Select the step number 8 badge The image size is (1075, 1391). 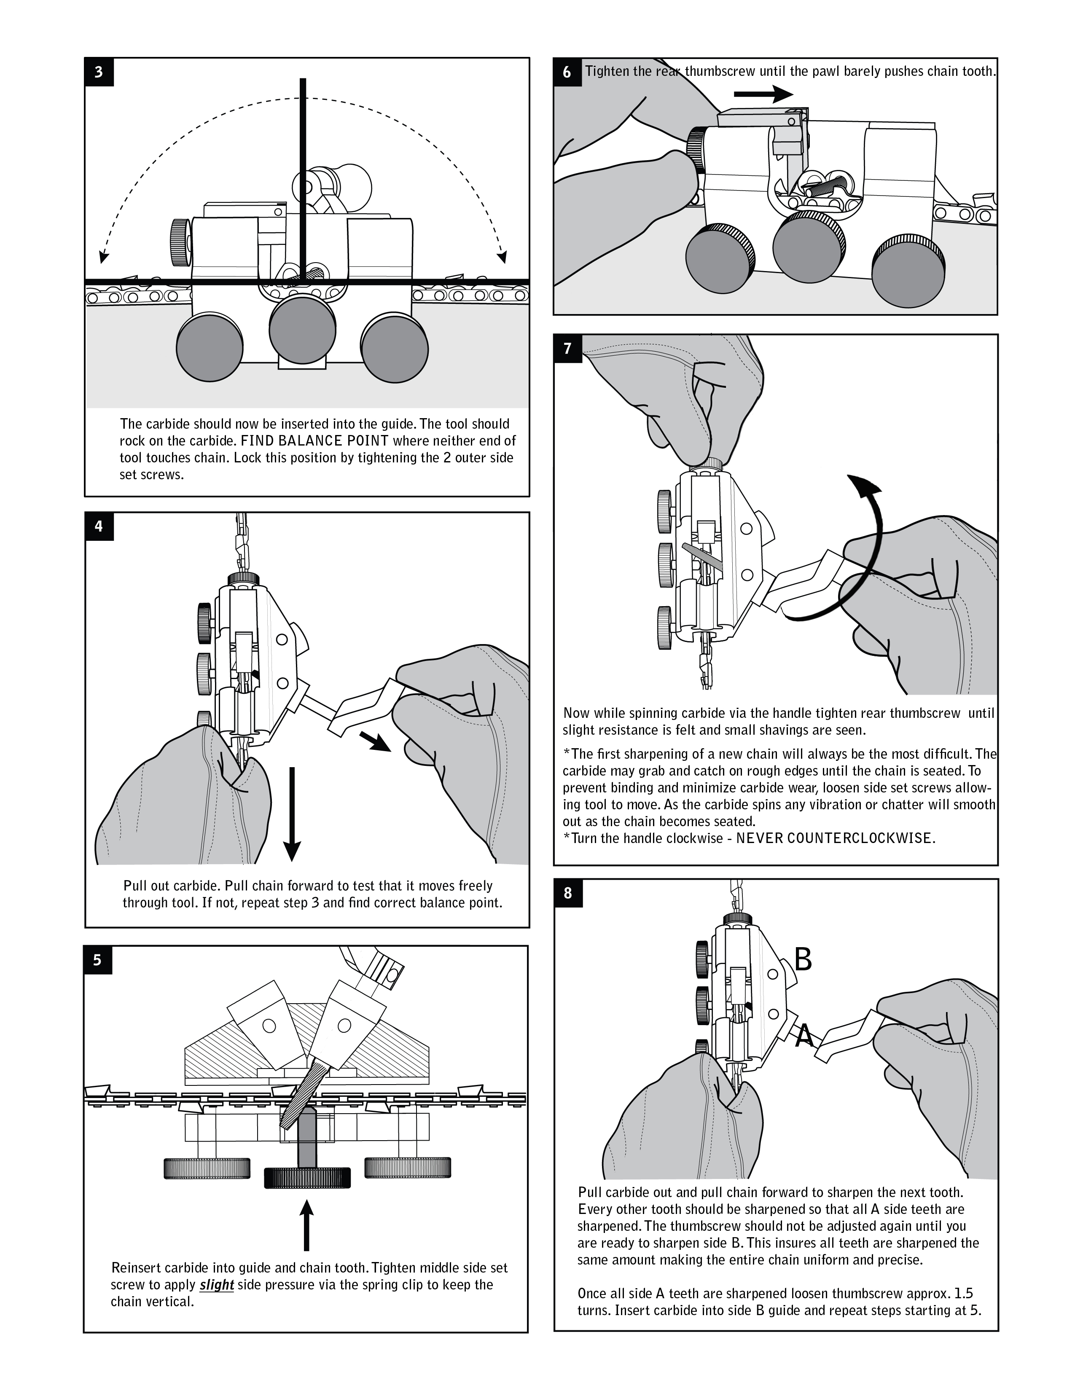(x=567, y=893)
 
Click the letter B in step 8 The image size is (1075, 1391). (x=803, y=959)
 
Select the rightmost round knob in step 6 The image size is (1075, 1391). (x=908, y=270)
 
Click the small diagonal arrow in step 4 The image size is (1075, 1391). (x=375, y=742)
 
